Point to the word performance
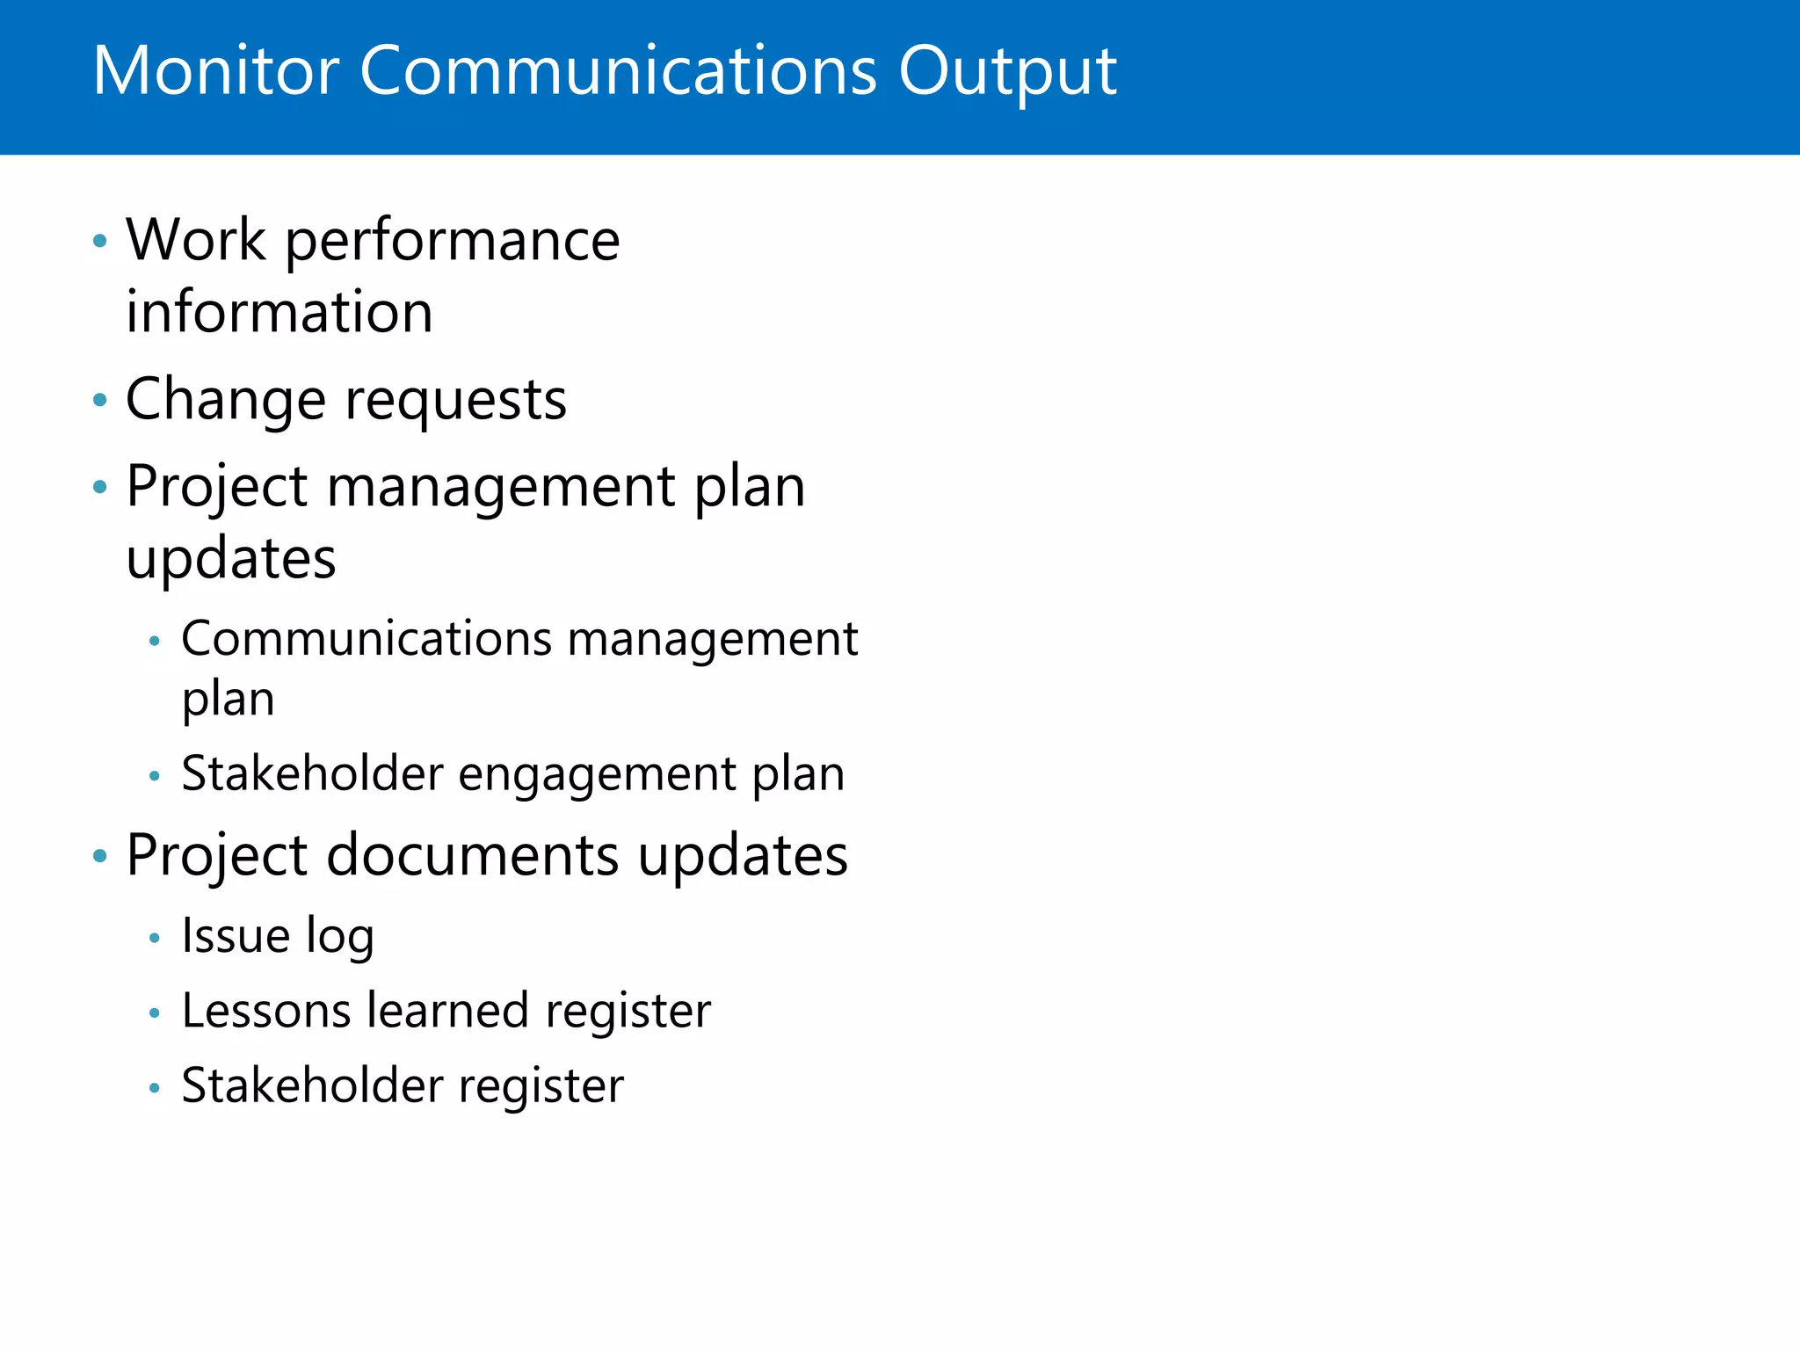point(452,243)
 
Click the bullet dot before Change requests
point(100,401)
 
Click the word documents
point(472,856)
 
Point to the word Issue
point(235,935)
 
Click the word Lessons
point(265,1011)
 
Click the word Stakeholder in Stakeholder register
point(311,1086)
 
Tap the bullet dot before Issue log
point(155,939)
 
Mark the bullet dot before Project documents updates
point(100,856)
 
